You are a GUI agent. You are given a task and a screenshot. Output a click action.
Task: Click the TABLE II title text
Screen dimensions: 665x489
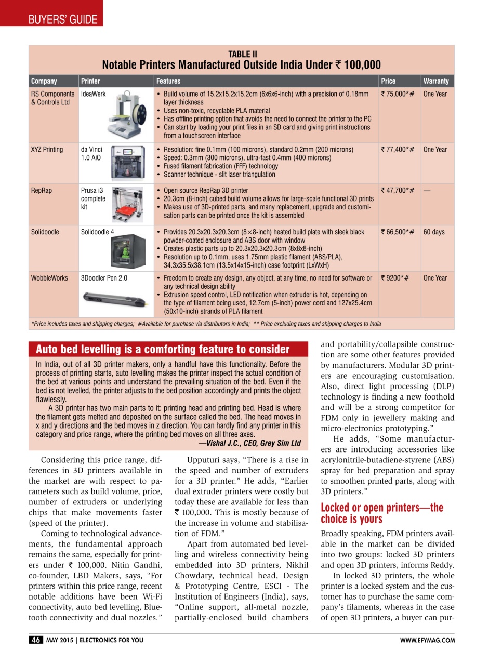pyautogui.click(x=242, y=54)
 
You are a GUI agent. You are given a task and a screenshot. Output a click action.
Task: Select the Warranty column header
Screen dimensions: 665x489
pyautogui.click(x=435, y=81)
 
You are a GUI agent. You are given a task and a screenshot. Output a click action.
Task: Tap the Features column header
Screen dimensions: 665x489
pyautogui.click(x=168, y=81)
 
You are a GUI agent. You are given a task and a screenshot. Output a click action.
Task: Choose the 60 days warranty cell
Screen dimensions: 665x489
pyautogui.click(x=433, y=232)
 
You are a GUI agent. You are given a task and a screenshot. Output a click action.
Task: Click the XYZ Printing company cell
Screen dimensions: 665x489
pyautogui.click(x=47, y=150)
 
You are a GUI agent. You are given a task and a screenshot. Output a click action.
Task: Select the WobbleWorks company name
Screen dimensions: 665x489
pyautogui.click(x=49, y=278)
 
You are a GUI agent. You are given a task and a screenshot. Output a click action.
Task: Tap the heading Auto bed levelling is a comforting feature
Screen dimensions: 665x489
pyautogui.click(x=162, y=349)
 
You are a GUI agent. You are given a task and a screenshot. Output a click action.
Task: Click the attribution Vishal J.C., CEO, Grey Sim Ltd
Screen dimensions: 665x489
pyautogui.click(x=249, y=443)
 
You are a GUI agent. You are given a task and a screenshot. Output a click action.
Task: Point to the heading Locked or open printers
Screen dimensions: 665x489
pyautogui.click(x=382, y=513)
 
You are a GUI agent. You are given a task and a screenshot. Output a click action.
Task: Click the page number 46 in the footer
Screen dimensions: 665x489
pyautogui.click(x=35, y=640)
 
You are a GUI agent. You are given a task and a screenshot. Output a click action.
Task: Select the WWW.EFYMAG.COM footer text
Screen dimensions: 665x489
pyautogui.click(x=427, y=640)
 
